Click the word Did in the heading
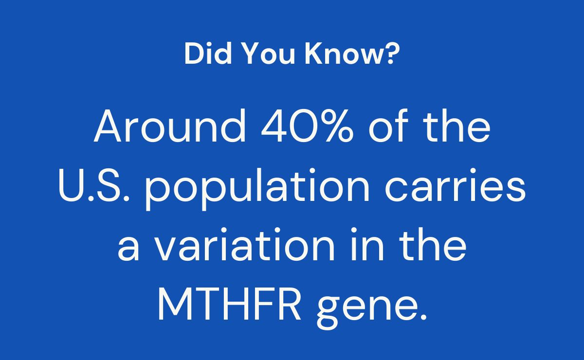(208, 53)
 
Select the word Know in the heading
(344, 53)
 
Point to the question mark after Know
(392, 53)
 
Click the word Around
(170, 126)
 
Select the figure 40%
(308, 126)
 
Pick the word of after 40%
(388, 126)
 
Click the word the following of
(456, 126)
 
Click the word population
(257, 189)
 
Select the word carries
(455, 185)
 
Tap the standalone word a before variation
(128, 248)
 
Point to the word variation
(244, 244)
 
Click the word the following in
(433, 244)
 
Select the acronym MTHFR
(229, 304)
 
